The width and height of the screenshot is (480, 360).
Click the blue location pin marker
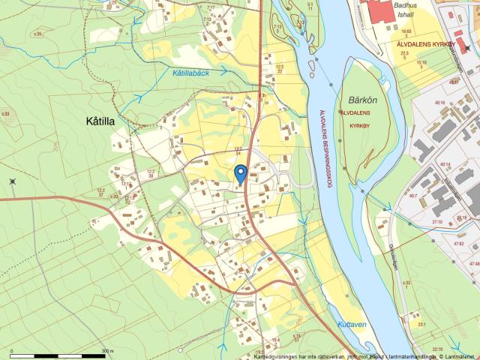(240, 174)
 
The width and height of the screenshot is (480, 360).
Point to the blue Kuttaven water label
(351, 325)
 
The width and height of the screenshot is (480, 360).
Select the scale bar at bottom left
(57, 352)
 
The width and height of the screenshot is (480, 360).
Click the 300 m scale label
(107, 350)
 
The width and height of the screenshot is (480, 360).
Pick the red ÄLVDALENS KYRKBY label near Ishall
(425, 45)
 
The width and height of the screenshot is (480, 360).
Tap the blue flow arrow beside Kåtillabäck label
(223, 70)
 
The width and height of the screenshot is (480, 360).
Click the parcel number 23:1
(422, 325)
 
